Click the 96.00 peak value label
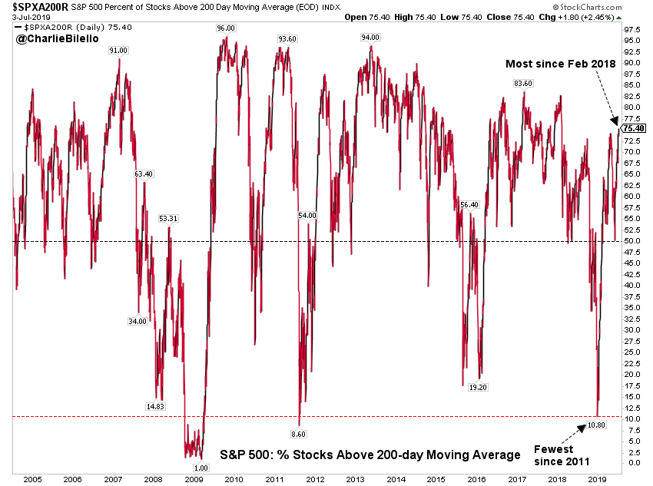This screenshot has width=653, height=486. (x=226, y=28)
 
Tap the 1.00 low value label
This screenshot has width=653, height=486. (x=200, y=468)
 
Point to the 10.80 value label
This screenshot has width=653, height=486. (x=597, y=425)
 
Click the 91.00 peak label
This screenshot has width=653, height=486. (x=118, y=50)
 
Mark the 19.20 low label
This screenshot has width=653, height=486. (x=479, y=388)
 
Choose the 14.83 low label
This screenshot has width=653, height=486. (x=154, y=406)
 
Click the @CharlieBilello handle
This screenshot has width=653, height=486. (x=51, y=36)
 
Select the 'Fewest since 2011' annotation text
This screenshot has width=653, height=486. (x=562, y=456)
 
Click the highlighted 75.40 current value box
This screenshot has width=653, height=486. (x=631, y=128)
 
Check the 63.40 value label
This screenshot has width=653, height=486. (x=144, y=174)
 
